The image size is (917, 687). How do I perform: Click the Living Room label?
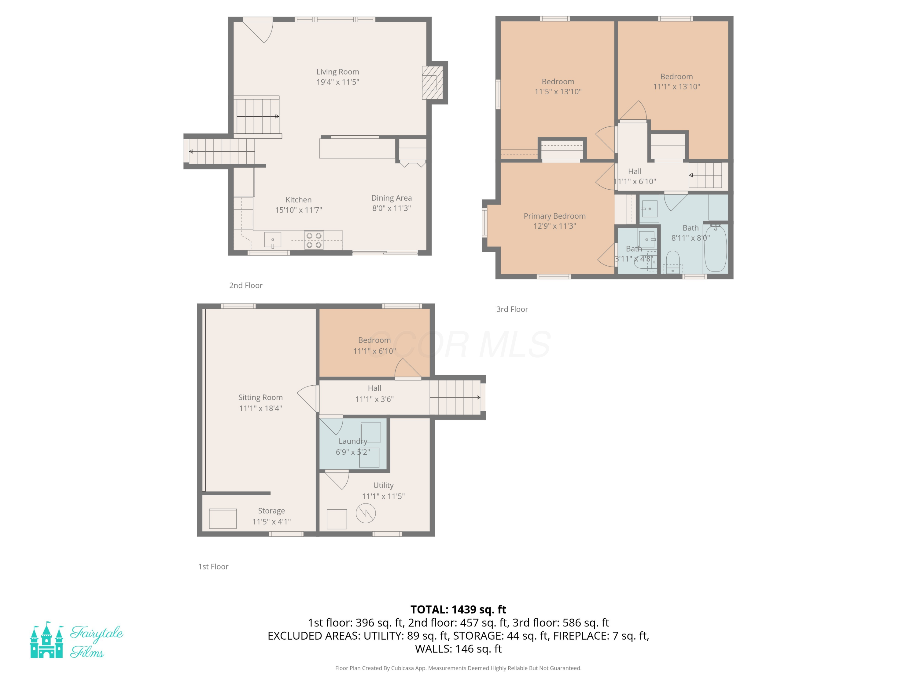click(x=337, y=72)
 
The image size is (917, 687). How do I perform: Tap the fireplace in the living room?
click(x=433, y=83)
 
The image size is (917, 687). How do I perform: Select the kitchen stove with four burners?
click(x=314, y=240)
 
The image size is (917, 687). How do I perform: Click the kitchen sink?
click(x=272, y=240)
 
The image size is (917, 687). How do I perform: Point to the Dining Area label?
click(x=391, y=198)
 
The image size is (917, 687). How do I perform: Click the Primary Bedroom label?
click(x=554, y=216)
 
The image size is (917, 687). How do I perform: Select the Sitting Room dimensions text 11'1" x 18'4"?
click(x=260, y=408)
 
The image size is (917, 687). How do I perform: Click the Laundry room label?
click(x=353, y=441)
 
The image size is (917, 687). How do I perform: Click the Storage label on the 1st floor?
click(x=271, y=511)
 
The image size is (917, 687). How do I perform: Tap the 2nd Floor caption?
click(x=246, y=285)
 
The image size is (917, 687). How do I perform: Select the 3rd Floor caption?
click(x=512, y=309)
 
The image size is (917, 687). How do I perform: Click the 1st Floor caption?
click(x=213, y=566)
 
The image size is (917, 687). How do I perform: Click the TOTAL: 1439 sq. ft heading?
click(x=458, y=609)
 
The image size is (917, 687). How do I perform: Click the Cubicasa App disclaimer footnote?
click(x=458, y=668)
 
